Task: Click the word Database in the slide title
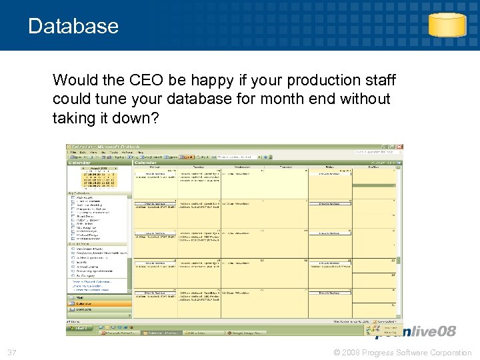(73, 26)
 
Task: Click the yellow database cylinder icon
(447, 25)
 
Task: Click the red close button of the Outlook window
(399, 147)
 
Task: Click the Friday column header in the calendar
(329, 167)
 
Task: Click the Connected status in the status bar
(387, 321)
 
